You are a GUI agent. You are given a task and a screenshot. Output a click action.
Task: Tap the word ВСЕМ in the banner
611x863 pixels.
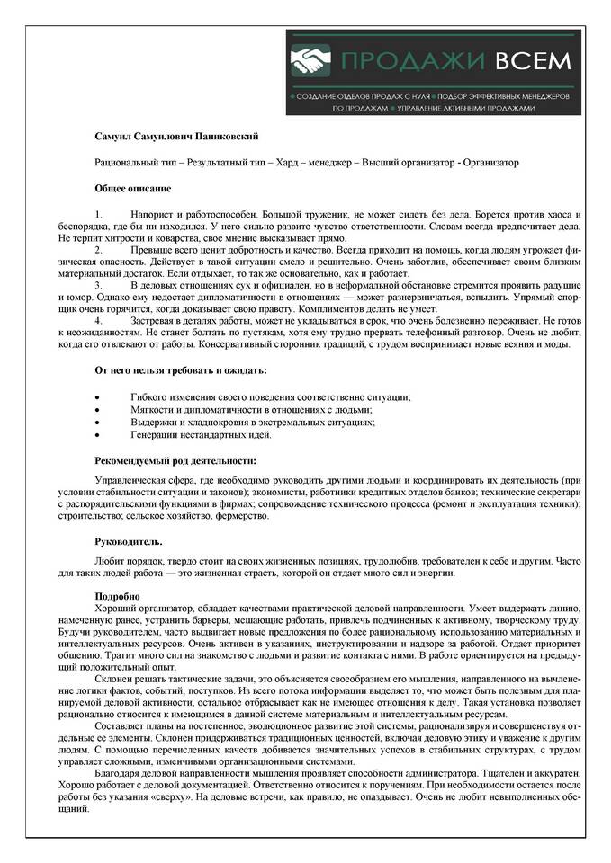(531, 61)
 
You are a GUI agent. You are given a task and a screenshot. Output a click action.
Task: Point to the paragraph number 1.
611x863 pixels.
(99, 216)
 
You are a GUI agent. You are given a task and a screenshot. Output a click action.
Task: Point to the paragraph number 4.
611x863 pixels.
(99, 321)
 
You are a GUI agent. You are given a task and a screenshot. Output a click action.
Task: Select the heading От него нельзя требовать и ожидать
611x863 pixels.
(180, 370)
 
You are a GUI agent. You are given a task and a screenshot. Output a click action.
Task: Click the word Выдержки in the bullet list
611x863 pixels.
(151, 423)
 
